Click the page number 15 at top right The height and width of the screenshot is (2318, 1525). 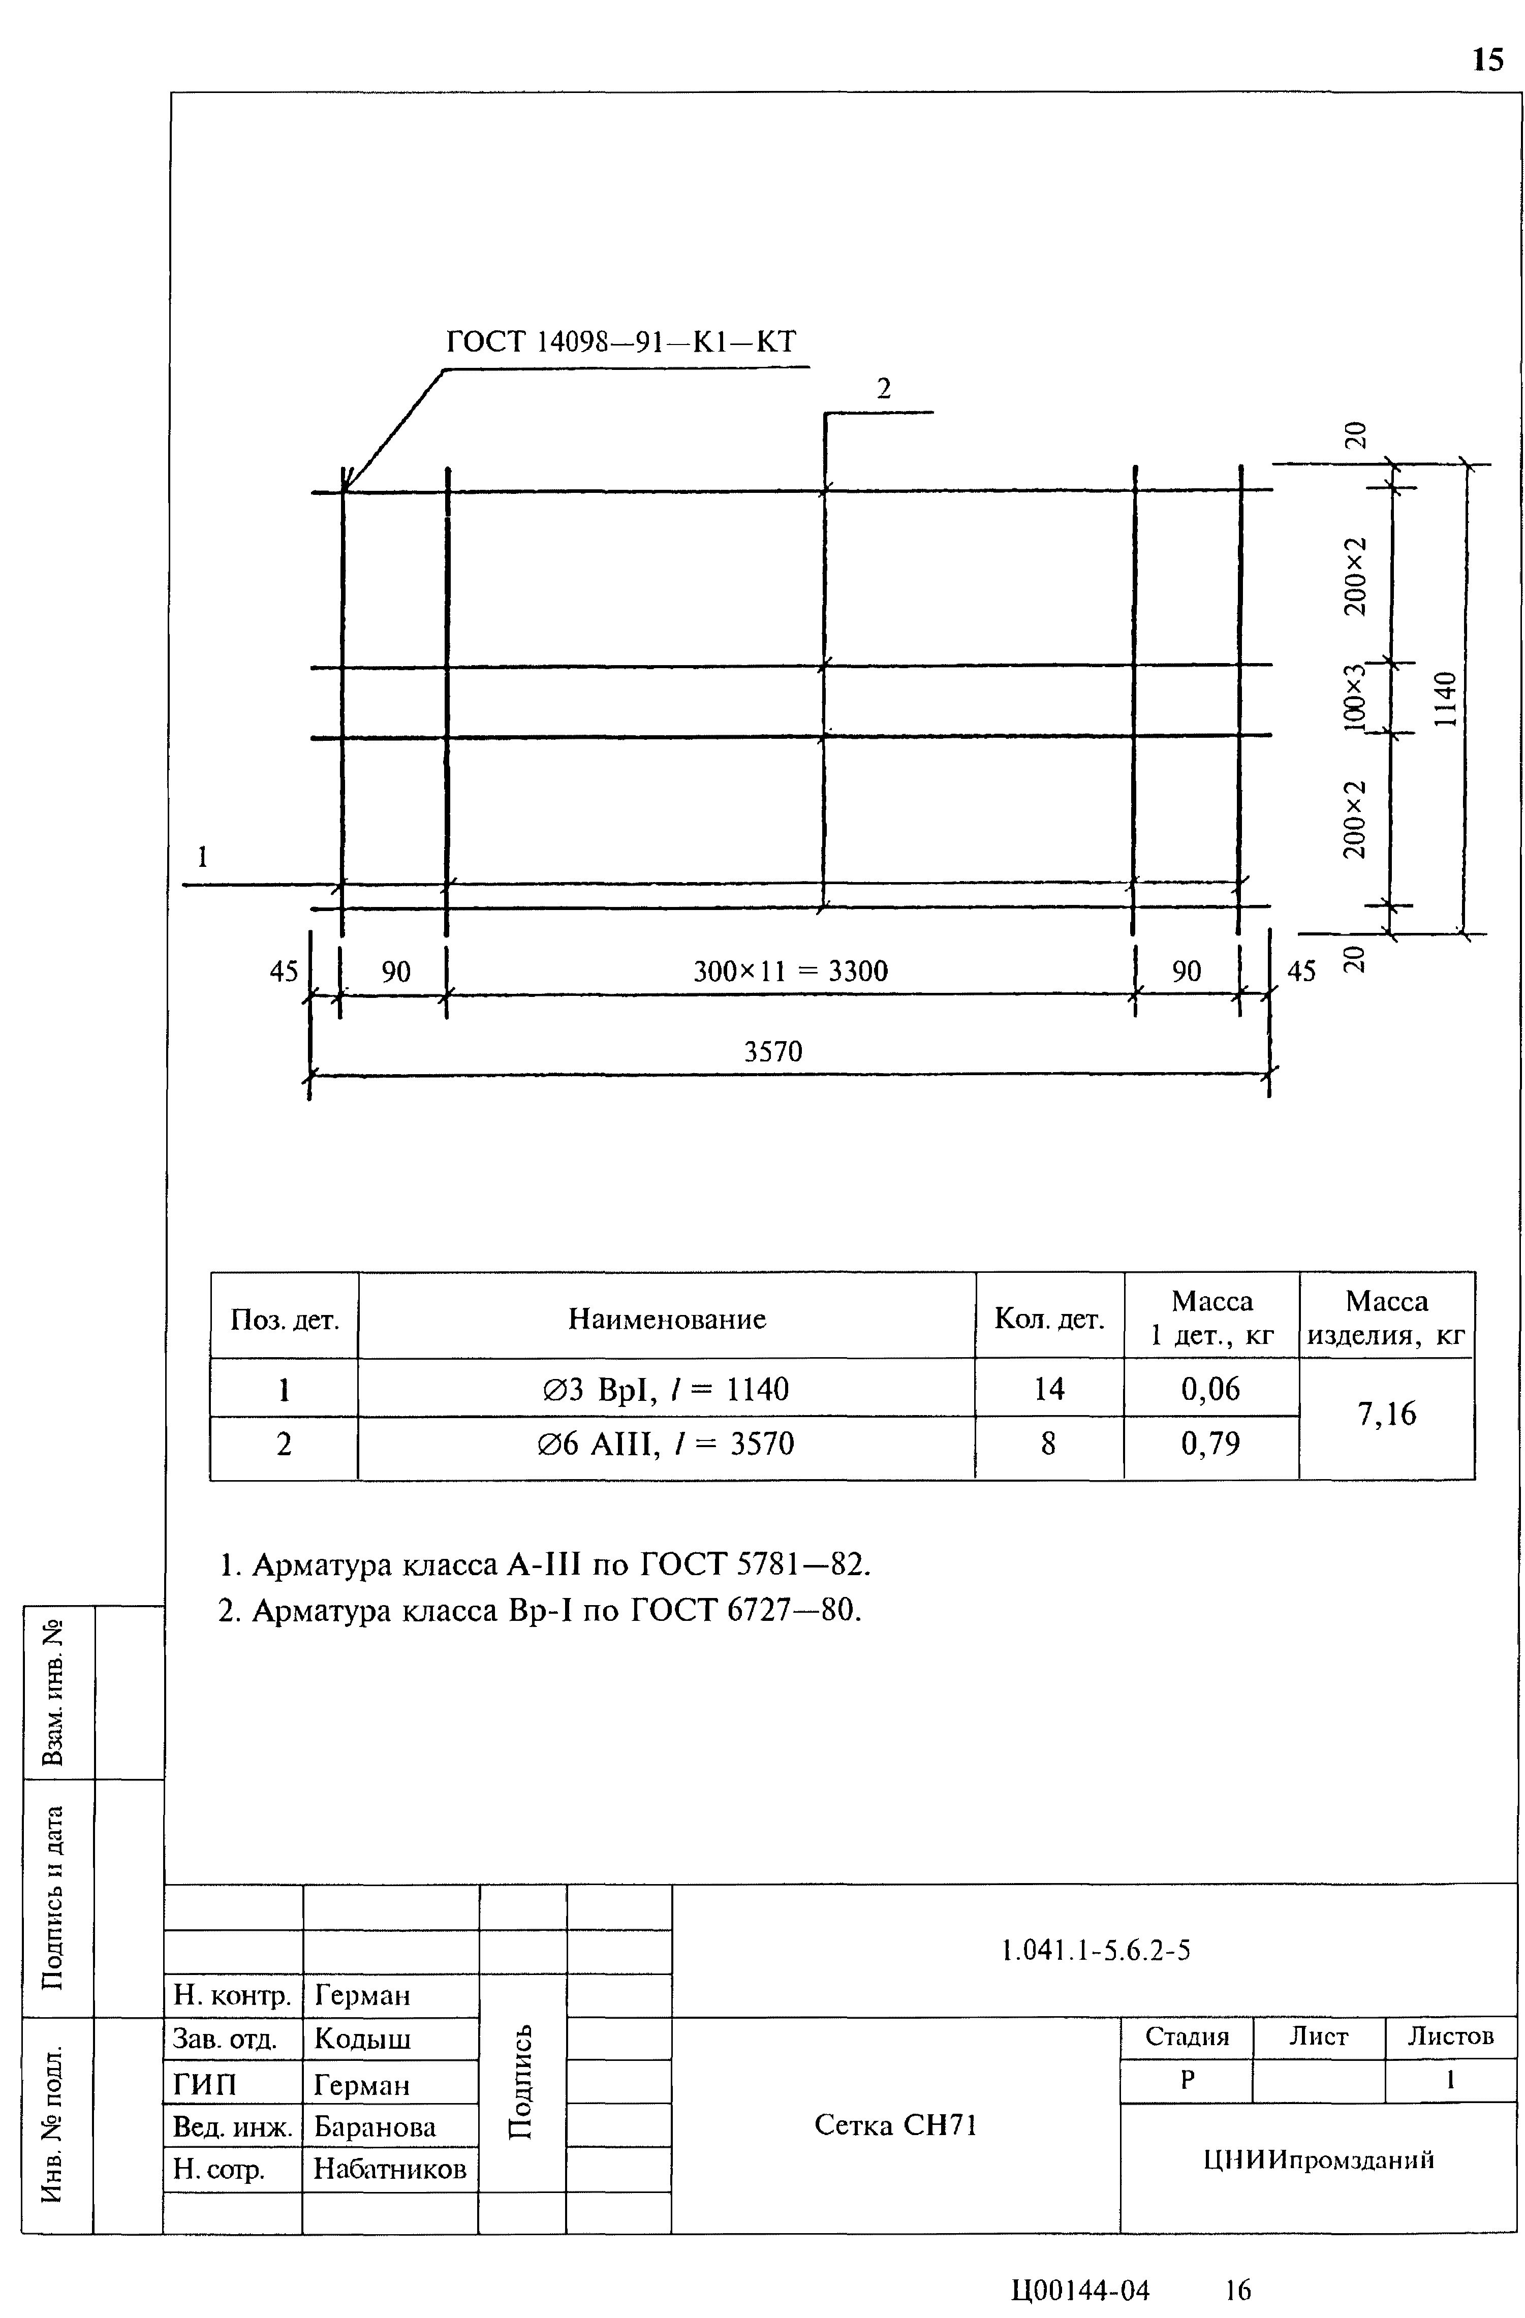click(1487, 60)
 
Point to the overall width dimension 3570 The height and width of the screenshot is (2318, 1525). click(773, 1052)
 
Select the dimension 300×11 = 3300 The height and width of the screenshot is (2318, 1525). click(790, 971)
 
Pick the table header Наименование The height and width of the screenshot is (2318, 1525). click(667, 1319)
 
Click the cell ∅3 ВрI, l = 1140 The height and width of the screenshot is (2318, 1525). click(666, 1389)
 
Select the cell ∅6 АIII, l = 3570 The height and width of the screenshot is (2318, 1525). click(666, 1444)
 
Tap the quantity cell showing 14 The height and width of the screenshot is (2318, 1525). click(1049, 1389)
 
